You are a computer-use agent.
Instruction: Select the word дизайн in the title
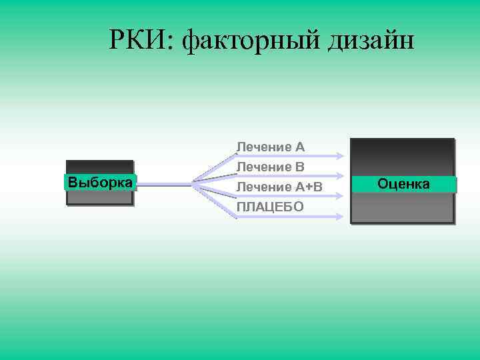[x=371, y=42]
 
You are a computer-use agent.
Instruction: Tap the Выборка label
[x=100, y=182]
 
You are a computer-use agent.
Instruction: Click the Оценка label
[x=403, y=183]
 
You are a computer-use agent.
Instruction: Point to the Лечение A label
[x=271, y=146]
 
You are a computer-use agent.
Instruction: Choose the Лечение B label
[x=271, y=166]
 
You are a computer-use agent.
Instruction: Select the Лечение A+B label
[x=279, y=187]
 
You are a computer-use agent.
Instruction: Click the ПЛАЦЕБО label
[x=270, y=207]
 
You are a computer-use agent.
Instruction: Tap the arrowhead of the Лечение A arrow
[x=341, y=156]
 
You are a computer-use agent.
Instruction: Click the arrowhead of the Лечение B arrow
[x=341, y=176]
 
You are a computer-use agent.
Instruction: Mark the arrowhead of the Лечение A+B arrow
[x=341, y=196]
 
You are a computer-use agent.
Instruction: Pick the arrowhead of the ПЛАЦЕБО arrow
[x=341, y=216]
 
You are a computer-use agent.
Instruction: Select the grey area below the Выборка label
[x=100, y=198]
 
